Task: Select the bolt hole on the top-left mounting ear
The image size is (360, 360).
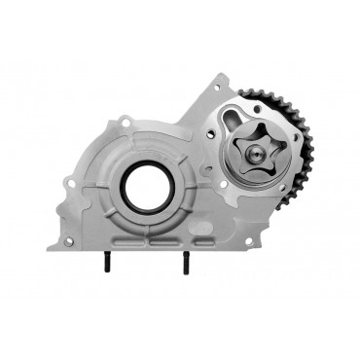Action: [x=125, y=121]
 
